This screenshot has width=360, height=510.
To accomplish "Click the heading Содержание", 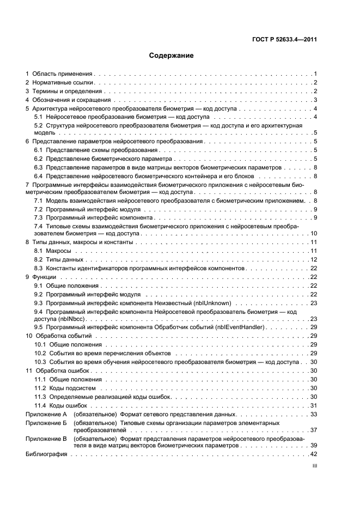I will coord(171,55).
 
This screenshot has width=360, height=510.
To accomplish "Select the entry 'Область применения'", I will coord(63,73).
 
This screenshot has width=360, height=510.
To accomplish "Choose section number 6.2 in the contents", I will coord(39,158).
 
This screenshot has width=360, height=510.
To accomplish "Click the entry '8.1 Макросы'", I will coord(53,250).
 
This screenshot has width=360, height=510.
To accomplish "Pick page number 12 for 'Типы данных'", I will coord(314,259).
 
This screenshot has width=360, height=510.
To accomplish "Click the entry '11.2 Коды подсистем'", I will coord(65,387).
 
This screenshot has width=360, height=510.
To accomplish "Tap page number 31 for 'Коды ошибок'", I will coord(314,405).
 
